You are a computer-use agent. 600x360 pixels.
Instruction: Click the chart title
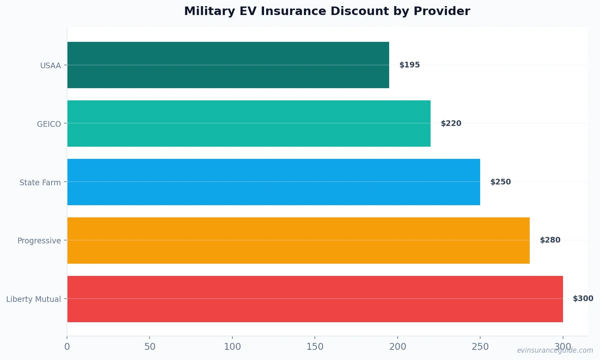point(327,11)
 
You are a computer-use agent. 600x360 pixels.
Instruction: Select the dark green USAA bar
point(228,65)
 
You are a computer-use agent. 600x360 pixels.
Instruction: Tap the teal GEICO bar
point(249,124)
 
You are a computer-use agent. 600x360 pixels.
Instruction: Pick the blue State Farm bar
point(273,182)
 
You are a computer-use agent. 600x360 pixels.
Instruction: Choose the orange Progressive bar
point(298,241)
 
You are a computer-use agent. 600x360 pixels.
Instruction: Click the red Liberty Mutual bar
point(315,299)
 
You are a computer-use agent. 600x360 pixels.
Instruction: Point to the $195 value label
point(409,65)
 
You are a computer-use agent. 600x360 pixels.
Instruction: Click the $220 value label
point(451,124)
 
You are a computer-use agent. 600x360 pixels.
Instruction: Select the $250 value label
point(500,182)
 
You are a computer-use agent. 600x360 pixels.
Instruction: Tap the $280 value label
point(550,240)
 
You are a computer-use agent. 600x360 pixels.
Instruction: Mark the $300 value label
point(583,299)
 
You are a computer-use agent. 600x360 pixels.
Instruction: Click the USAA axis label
point(50,66)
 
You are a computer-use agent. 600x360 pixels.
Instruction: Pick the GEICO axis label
point(49,124)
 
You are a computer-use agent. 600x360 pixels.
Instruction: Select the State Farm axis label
point(40,183)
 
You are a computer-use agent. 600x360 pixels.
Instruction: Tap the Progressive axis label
point(39,241)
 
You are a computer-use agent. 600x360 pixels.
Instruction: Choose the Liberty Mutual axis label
point(33,299)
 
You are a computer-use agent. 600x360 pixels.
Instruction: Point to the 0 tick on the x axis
point(67,347)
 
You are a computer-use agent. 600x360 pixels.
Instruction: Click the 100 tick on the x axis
point(232,347)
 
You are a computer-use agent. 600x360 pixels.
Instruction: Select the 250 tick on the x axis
point(480,347)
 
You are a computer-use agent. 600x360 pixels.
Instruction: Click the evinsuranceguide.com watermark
point(555,351)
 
